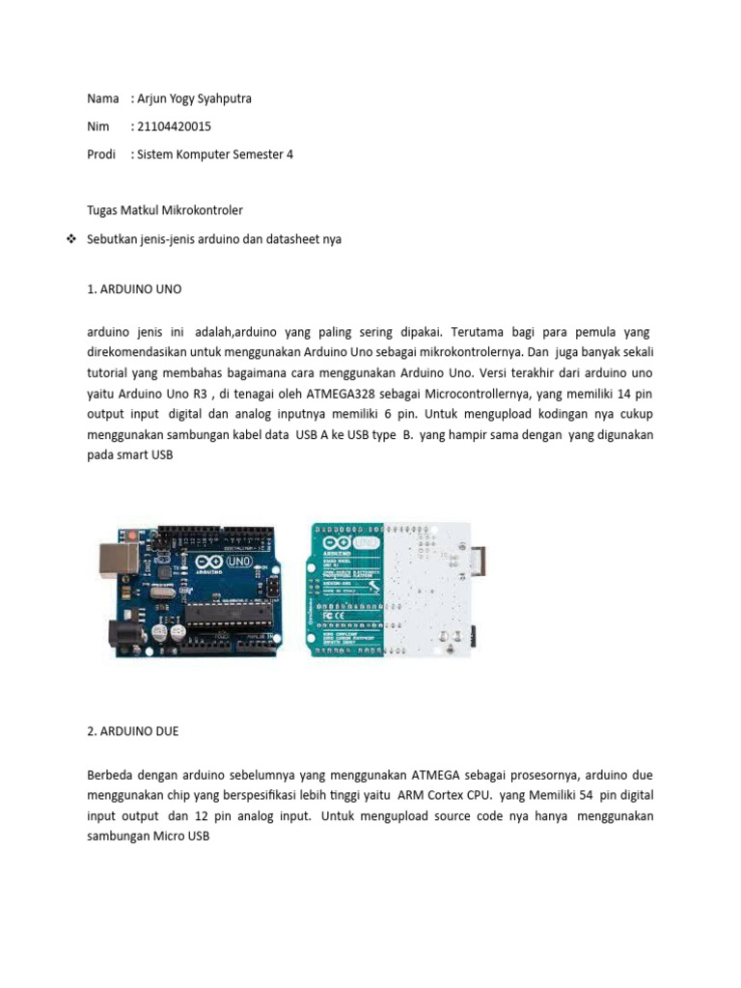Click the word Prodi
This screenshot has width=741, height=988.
101,153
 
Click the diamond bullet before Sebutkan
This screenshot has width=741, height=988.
70,238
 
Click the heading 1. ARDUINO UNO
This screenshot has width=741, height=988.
134,288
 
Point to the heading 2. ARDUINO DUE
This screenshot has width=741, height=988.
133,731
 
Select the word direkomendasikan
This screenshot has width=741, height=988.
136,351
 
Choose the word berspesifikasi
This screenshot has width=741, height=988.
273,795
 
